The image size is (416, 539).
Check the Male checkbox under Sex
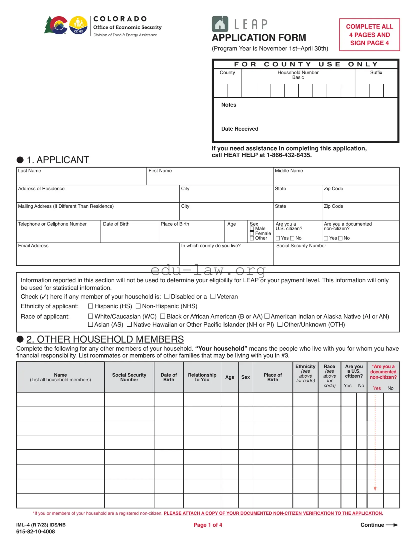[x=252, y=229]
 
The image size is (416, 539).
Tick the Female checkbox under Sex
[x=252, y=233]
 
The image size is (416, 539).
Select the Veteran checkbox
[x=213, y=297]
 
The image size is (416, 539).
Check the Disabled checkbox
[x=167, y=297]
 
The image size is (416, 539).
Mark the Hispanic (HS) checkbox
[x=90, y=306]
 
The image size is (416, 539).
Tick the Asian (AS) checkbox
[x=90, y=325]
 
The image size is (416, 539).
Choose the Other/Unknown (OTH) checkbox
[x=280, y=325]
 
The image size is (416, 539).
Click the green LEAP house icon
[x=220, y=24]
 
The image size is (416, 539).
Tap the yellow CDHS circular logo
[x=78, y=25]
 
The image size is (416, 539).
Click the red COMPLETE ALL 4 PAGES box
[x=369, y=35]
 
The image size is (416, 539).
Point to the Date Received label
[x=240, y=129]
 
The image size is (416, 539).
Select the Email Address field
[x=97, y=256]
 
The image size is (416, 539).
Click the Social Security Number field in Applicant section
[x=336, y=256]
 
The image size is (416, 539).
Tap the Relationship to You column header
[x=202, y=377]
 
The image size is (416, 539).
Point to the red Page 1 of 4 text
[x=208, y=525]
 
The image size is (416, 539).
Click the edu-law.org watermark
[x=208, y=270]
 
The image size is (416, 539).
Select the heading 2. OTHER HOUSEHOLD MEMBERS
[x=105, y=339]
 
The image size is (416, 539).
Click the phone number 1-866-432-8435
[x=289, y=155]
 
